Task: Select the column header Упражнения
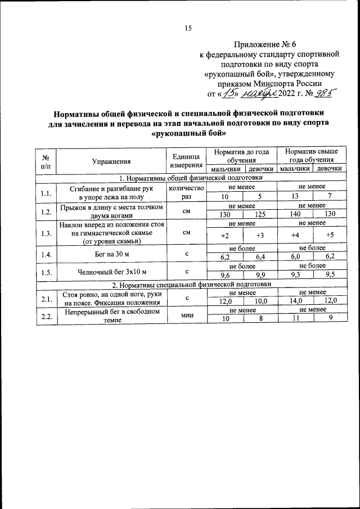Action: (111, 161)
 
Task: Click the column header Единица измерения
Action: (185, 161)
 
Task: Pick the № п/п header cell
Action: (47, 161)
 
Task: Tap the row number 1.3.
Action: (47, 234)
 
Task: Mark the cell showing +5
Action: (330, 235)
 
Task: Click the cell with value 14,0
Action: (294, 301)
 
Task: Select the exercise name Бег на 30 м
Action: (111, 254)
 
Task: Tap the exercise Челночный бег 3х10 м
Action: (111, 273)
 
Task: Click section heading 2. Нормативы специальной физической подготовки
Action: (191, 284)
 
